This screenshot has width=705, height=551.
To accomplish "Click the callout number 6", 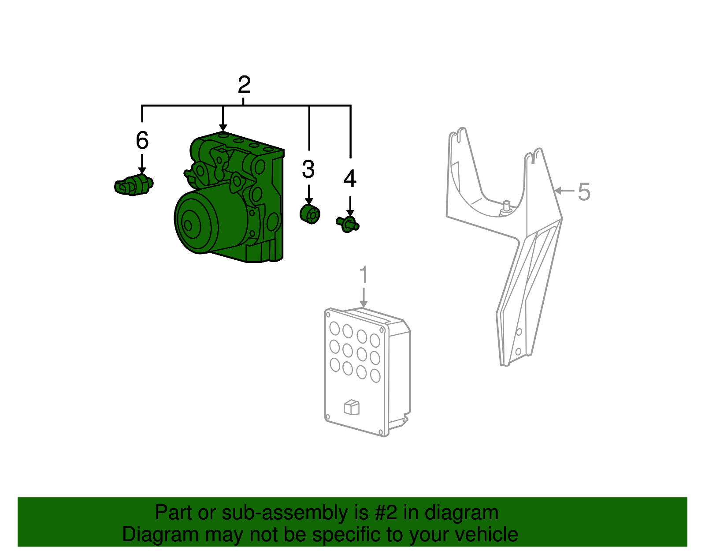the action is click(142, 140).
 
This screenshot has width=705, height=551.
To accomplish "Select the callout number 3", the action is click(308, 169).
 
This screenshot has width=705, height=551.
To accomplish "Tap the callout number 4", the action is click(350, 179).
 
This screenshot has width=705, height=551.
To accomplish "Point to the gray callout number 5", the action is click(584, 191).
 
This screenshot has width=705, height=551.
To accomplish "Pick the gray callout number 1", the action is click(364, 274).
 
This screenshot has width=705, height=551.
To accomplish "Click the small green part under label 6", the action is click(134, 185).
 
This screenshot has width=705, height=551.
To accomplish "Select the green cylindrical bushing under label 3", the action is click(310, 214).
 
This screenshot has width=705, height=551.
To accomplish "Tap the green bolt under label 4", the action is click(348, 225).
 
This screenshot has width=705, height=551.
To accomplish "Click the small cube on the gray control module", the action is click(351, 407).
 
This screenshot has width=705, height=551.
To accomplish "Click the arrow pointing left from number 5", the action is click(564, 191).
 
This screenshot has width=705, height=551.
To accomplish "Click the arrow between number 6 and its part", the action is click(142, 164).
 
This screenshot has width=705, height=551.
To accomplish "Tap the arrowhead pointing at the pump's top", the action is click(223, 127).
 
